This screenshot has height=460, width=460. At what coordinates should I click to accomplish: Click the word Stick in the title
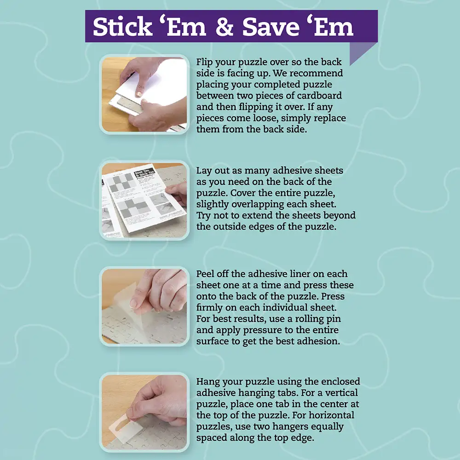click(x=122, y=26)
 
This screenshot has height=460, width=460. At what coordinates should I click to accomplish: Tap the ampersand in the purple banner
click(x=224, y=26)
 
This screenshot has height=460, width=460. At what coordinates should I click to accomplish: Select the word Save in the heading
click(x=270, y=26)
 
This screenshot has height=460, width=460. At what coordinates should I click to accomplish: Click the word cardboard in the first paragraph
click(x=320, y=96)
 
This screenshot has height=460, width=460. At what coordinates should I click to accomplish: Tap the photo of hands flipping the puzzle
click(x=144, y=94)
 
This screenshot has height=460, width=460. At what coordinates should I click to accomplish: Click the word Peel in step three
click(x=205, y=274)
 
